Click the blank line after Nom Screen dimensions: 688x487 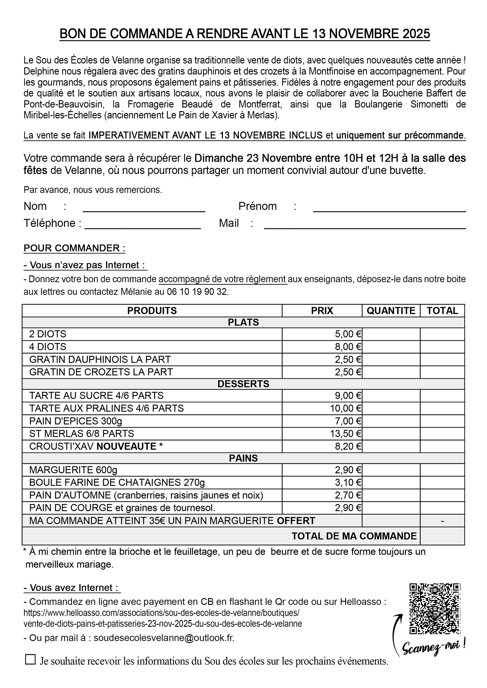pos(144,209)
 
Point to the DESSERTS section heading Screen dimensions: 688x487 pos(243,384)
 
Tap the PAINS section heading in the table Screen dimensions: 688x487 pos(243,458)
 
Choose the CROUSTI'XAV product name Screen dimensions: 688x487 pos(62,447)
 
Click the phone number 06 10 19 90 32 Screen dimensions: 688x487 pos(198,292)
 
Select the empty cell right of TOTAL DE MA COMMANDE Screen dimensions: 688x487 pos(442,536)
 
